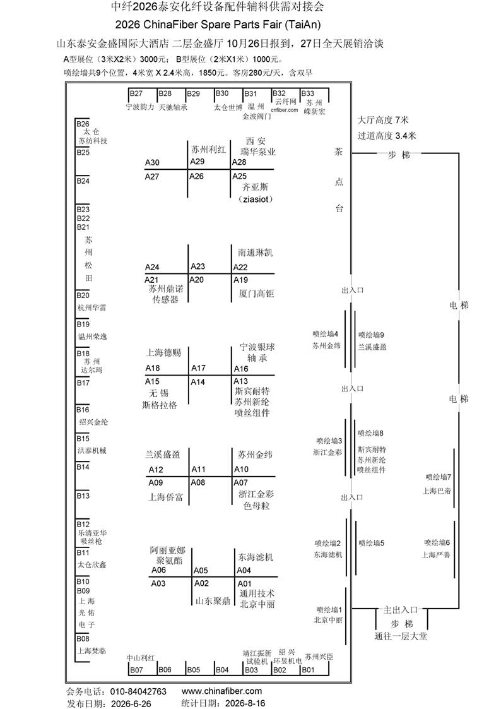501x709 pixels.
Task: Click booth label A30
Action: tap(152, 163)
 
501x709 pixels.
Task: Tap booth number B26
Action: tap(83, 124)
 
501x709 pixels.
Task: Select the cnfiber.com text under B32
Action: tap(285, 110)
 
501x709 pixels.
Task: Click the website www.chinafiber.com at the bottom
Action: tap(222, 691)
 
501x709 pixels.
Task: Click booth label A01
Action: tap(244, 584)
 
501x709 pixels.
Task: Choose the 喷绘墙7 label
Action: tap(438, 477)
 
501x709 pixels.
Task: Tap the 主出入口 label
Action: tap(400, 610)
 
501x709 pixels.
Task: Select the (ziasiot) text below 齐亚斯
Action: tap(256, 200)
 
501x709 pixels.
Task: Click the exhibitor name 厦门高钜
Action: tap(256, 294)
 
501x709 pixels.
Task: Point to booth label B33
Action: tap(308, 93)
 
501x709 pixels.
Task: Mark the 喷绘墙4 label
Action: tap(326, 334)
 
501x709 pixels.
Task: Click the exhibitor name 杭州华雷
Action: tap(91, 308)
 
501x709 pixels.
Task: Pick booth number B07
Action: tap(136, 670)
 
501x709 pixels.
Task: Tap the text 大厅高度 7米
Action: tap(383, 121)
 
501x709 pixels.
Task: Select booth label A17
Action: tap(198, 369)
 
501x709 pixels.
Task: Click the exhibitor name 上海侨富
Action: tap(166, 497)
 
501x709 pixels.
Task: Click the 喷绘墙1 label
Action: tap(329, 609)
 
